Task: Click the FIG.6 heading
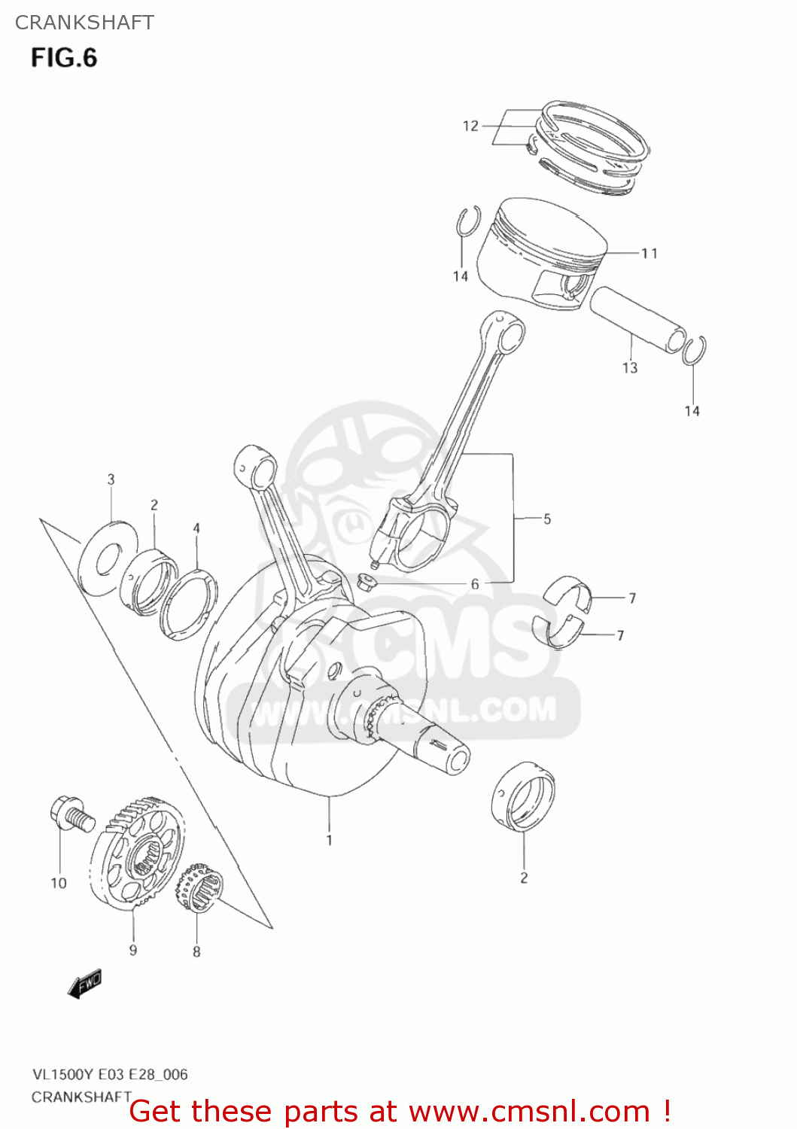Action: pos(64,58)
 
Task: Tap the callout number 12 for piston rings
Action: pos(470,126)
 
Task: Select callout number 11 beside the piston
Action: pos(649,254)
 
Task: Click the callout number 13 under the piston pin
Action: pos(630,368)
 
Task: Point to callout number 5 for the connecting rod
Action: pos(547,519)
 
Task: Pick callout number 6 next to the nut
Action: pos(475,584)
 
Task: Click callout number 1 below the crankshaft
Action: pos(329,840)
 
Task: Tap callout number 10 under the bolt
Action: pos(59,883)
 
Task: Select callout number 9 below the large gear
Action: pos(133,950)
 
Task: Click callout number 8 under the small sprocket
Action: pos(196,952)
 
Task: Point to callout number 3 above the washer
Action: pos(111,479)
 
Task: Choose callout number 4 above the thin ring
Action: pos(196,528)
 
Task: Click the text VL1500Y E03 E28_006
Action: pos(110,1074)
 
